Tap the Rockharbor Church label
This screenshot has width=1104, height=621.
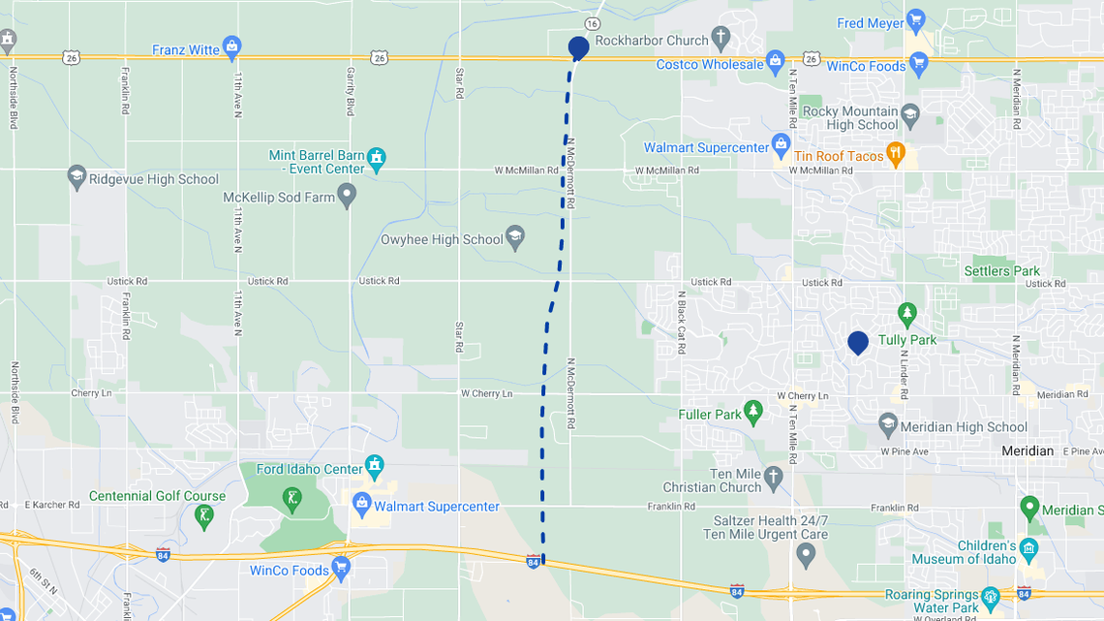(x=652, y=41)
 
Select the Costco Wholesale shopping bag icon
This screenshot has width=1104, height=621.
(x=775, y=63)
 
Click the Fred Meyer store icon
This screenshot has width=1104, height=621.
(x=916, y=21)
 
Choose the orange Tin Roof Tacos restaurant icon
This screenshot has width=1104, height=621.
(x=897, y=154)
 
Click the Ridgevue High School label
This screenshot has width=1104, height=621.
(x=153, y=179)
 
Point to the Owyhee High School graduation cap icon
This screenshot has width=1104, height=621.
(x=515, y=238)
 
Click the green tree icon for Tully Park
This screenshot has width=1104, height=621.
(x=906, y=313)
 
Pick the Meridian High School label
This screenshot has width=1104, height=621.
(x=964, y=427)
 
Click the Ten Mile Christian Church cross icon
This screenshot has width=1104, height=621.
(x=773, y=478)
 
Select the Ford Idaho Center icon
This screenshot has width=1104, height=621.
(x=375, y=468)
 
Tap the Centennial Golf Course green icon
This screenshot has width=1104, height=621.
(x=203, y=515)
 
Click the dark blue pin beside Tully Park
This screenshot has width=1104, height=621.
(x=858, y=342)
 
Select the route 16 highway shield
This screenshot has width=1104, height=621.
(x=592, y=23)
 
